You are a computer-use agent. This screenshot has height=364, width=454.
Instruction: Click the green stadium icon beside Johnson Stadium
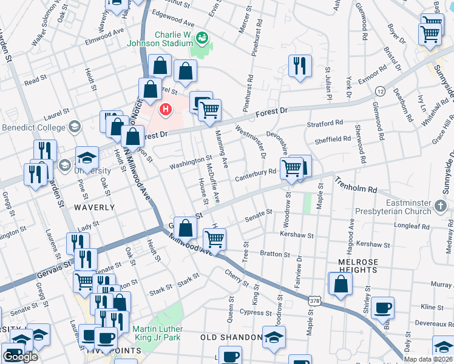point(202,39)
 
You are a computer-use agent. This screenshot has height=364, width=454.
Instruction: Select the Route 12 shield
point(380,90)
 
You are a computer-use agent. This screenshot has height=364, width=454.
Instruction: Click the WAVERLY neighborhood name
point(94,207)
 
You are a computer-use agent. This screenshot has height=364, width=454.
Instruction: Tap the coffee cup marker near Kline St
point(382,307)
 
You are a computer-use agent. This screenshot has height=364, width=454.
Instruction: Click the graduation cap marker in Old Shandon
point(274,337)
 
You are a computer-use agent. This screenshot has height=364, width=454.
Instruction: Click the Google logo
point(20,356)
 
